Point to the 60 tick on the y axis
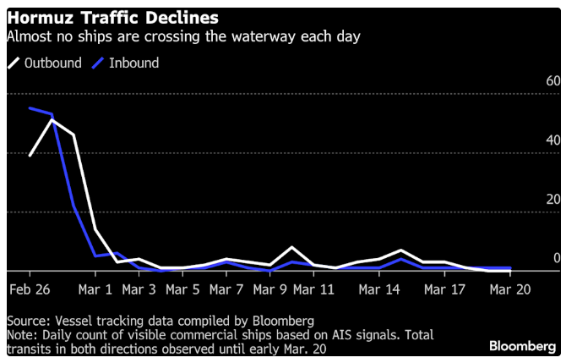coord(553,81)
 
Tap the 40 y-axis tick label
coord(553,140)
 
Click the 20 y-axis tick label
coord(553,200)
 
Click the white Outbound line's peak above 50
coord(52,120)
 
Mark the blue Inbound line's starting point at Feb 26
coord(30,108)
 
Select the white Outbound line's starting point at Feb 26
coord(30,156)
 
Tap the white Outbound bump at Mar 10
coord(292,247)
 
